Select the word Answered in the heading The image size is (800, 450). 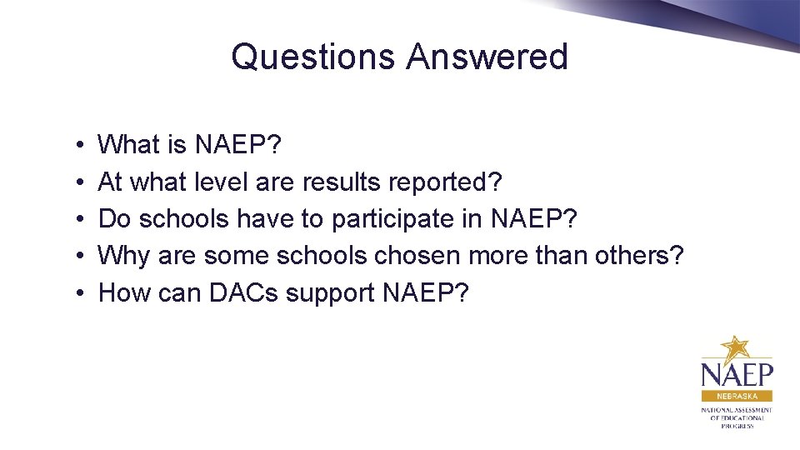coord(487,57)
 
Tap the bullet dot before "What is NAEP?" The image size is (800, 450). coord(76,146)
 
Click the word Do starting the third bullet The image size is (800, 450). coord(115,219)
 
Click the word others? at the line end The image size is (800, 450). coord(638,256)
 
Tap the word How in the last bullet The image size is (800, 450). coord(124,292)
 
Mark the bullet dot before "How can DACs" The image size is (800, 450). coord(76,293)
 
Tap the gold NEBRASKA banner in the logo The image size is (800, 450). coord(737,396)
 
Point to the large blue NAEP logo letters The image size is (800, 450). coord(737,373)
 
